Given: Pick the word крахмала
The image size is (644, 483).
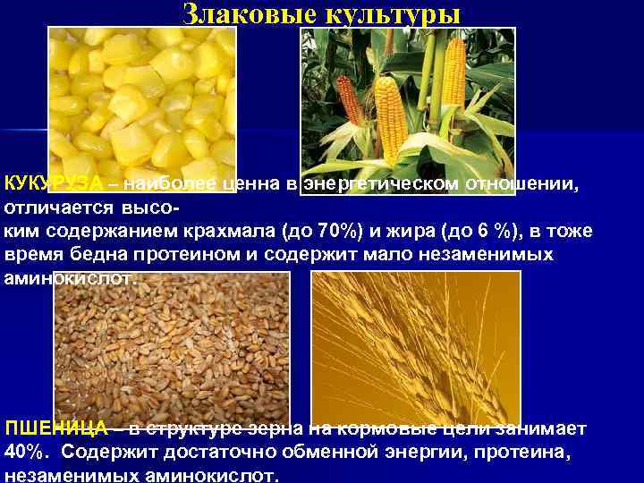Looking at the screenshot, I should point(227,232).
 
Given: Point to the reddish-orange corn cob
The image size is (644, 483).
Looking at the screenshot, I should point(350,98).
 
